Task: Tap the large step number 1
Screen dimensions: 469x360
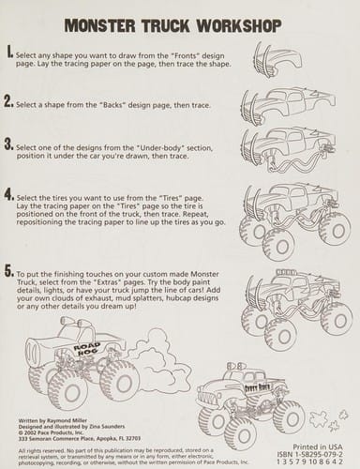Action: pos(8,54)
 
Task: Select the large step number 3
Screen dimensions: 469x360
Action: pos(8,144)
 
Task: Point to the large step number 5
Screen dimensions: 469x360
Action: pos(8,270)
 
